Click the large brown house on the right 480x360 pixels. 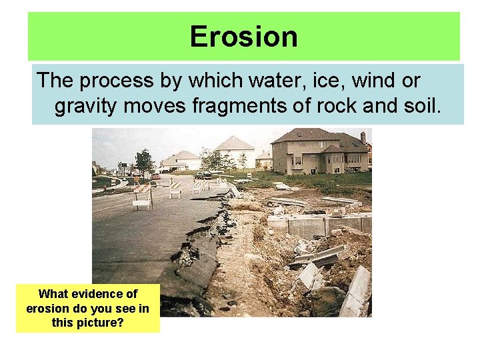(x=320, y=151)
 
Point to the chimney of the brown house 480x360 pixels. (x=363, y=137)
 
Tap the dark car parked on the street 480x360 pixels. (x=203, y=175)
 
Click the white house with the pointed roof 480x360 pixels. (x=235, y=152)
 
